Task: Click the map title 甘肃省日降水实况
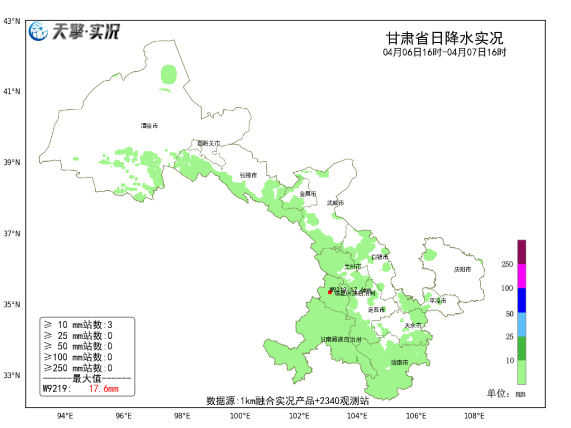coord(444,39)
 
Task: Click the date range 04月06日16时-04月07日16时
coord(445,52)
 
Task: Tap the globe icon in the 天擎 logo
coord(39,32)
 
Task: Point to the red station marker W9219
coord(330,292)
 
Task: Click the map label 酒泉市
coord(149,126)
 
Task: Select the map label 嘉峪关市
coord(208,143)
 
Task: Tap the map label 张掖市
coord(248,175)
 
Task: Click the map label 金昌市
coord(308,194)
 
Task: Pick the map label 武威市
coord(335,203)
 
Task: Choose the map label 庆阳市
coord(462,269)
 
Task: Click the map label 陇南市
coord(399,362)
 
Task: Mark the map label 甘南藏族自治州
coord(340,339)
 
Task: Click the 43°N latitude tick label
coord(12,21)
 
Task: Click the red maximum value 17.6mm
coord(104,389)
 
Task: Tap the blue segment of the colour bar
coord(521,300)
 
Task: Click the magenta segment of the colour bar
coord(521,276)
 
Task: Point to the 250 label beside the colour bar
coord(507,264)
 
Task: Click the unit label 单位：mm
coord(506,394)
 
